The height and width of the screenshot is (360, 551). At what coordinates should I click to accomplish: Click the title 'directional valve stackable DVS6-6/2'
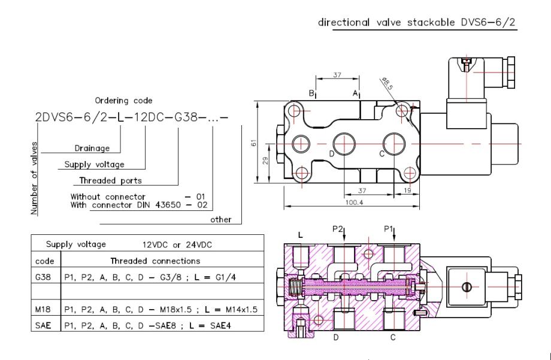click(416, 23)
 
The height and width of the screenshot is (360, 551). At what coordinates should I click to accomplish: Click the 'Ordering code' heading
click(124, 101)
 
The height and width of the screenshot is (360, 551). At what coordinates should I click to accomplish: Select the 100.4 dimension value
click(354, 202)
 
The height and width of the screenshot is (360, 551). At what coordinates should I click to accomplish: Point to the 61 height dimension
click(254, 143)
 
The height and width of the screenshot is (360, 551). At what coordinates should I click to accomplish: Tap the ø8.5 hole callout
click(387, 84)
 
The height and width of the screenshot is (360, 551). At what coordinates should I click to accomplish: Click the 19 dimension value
click(407, 190)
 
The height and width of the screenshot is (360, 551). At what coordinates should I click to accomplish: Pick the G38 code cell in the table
click(43, 277)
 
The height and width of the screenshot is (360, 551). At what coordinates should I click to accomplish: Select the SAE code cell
click(43, 325)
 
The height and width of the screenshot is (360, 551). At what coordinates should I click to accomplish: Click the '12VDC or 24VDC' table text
click(177, 244)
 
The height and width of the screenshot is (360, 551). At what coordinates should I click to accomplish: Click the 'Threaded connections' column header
click(155, 261)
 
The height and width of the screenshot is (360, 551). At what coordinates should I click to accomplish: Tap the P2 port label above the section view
click(337, 229)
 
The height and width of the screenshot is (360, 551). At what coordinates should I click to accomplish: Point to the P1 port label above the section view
click(388, 229)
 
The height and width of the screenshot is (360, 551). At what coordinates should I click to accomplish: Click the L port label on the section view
click(300, 235)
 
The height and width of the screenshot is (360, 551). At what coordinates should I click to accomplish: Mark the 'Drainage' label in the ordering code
click(92, 149)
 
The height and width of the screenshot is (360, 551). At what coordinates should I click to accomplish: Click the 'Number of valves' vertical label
click(34, 179)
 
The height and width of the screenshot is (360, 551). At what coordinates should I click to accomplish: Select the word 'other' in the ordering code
click(220, 220)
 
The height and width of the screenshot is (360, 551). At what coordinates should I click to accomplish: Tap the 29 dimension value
click(265, 161)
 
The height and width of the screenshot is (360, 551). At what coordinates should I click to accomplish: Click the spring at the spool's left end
click(295, 286)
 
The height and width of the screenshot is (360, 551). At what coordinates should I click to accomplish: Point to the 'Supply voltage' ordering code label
click(94, 165)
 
